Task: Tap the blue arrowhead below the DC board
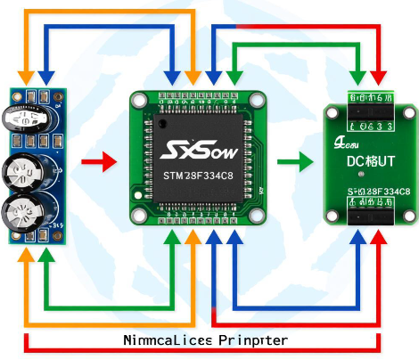pyautogui.click(x=357, y=242)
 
